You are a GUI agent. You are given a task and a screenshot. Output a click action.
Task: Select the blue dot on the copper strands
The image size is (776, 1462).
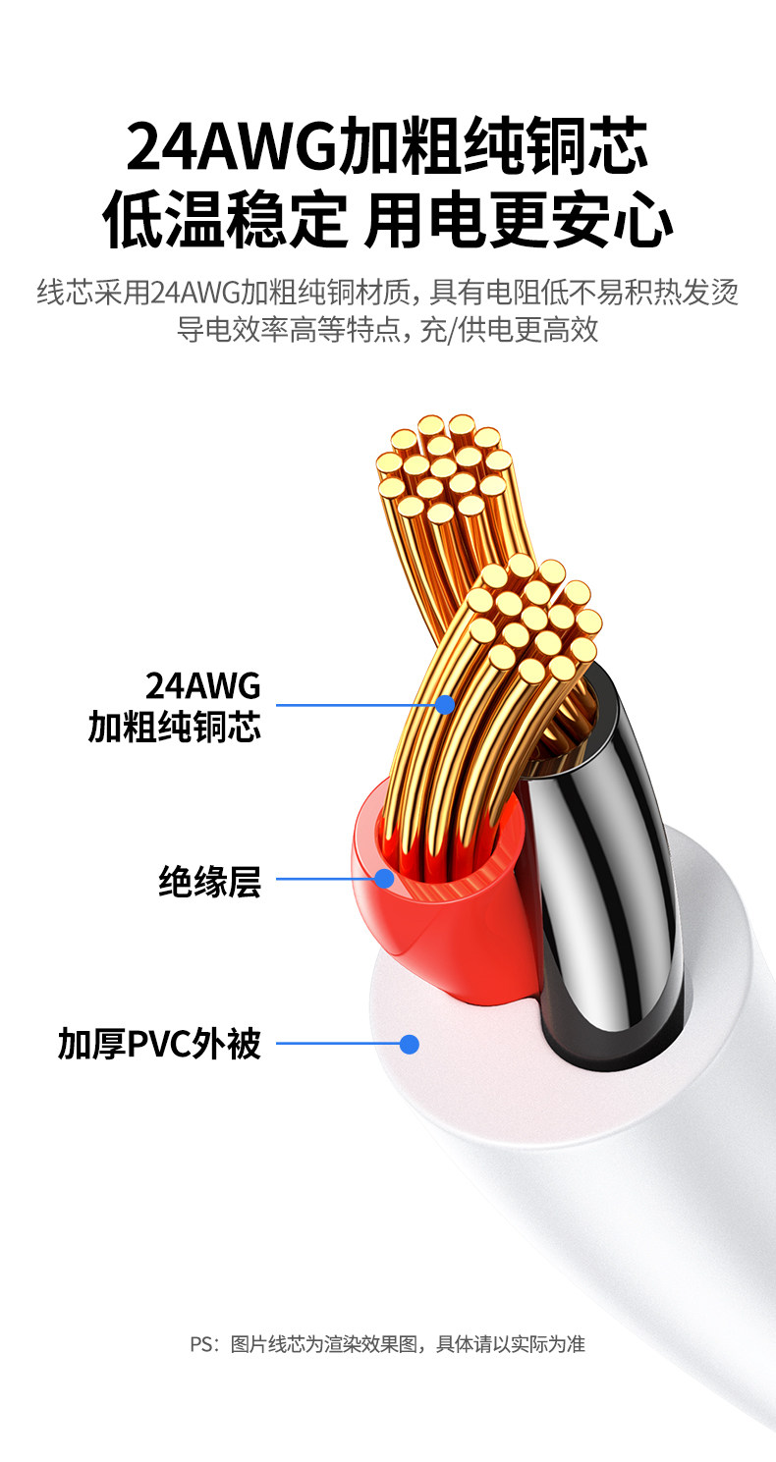(x=445, y=704)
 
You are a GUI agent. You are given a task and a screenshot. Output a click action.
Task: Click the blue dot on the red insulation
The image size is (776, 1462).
(x=384, y=878)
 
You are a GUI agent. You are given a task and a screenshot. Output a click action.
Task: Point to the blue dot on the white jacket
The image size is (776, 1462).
(x=410, y=1044)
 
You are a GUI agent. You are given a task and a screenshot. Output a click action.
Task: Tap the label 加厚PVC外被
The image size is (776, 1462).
(x=160, y=1044)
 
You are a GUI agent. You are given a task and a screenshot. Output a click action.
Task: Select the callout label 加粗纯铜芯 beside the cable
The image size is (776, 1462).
(x=175, y=727)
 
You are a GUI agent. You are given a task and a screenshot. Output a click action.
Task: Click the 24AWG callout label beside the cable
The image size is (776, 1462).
(x=202, y=683)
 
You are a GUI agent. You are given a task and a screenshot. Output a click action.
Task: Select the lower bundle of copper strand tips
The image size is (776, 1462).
(x=532, y=619)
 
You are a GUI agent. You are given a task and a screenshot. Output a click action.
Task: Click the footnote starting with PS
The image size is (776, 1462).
(x=387, y=1344)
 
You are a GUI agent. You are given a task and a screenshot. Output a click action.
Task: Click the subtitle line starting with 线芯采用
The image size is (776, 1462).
(x=388, y=293)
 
